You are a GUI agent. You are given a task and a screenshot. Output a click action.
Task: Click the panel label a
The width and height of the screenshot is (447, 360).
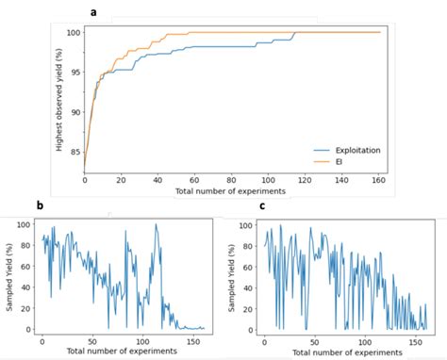coord(120,12)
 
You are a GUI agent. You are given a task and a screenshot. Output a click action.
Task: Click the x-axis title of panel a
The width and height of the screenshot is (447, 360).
coord(232,192)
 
